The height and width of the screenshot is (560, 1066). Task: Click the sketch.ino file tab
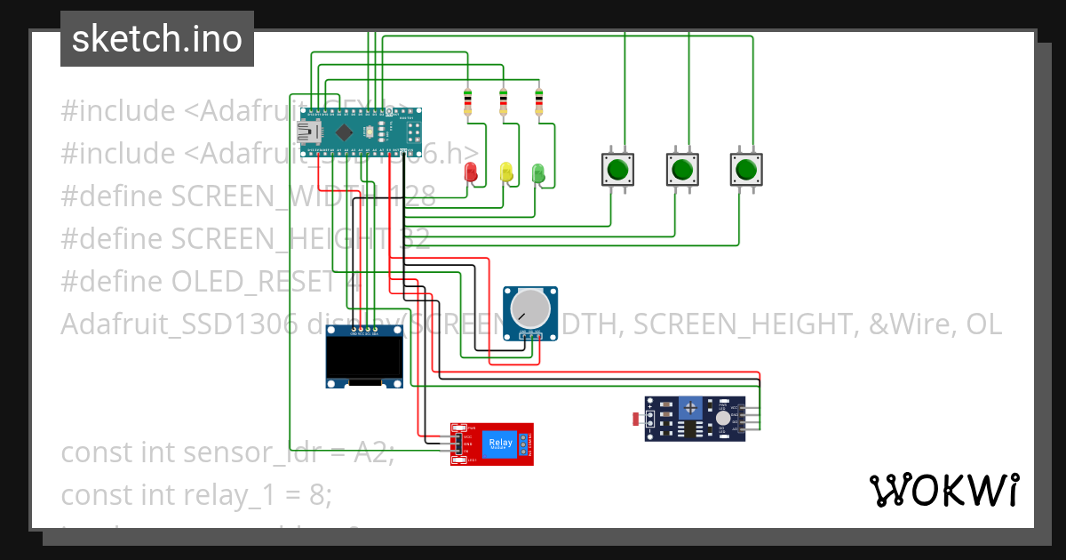pos(157,39)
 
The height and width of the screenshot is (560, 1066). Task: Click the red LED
pos(471,172)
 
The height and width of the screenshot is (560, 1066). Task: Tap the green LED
pos(537,172)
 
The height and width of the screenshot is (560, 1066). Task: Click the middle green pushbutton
pos(681,168)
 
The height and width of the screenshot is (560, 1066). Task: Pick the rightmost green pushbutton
pos(745,168)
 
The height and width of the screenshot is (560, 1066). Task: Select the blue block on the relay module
pos(500,443)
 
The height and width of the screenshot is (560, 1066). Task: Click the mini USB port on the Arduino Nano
pos(307,132)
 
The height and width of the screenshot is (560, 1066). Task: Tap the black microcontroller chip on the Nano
pos(344,132)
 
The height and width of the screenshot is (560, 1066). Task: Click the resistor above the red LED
pos(468,102)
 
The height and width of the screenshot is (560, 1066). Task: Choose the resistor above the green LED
pos(538,102)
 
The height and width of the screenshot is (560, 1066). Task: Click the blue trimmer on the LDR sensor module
pos(688,409)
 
